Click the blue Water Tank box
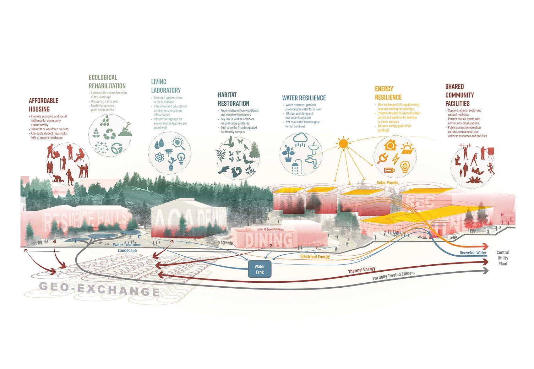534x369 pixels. coord(259,269)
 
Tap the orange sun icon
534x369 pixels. coord(343,144)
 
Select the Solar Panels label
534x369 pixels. coord(387,182)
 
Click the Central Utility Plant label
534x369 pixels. coord(503,258)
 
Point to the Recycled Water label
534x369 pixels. coord(473,252)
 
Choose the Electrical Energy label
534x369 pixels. coord(315,256)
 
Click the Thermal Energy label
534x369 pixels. coord(361,270)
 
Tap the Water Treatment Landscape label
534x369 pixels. coord(127,247)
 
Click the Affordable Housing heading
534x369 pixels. coord(43,105)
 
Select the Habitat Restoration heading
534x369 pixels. coord(233,99)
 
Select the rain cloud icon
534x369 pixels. coord(300,139)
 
